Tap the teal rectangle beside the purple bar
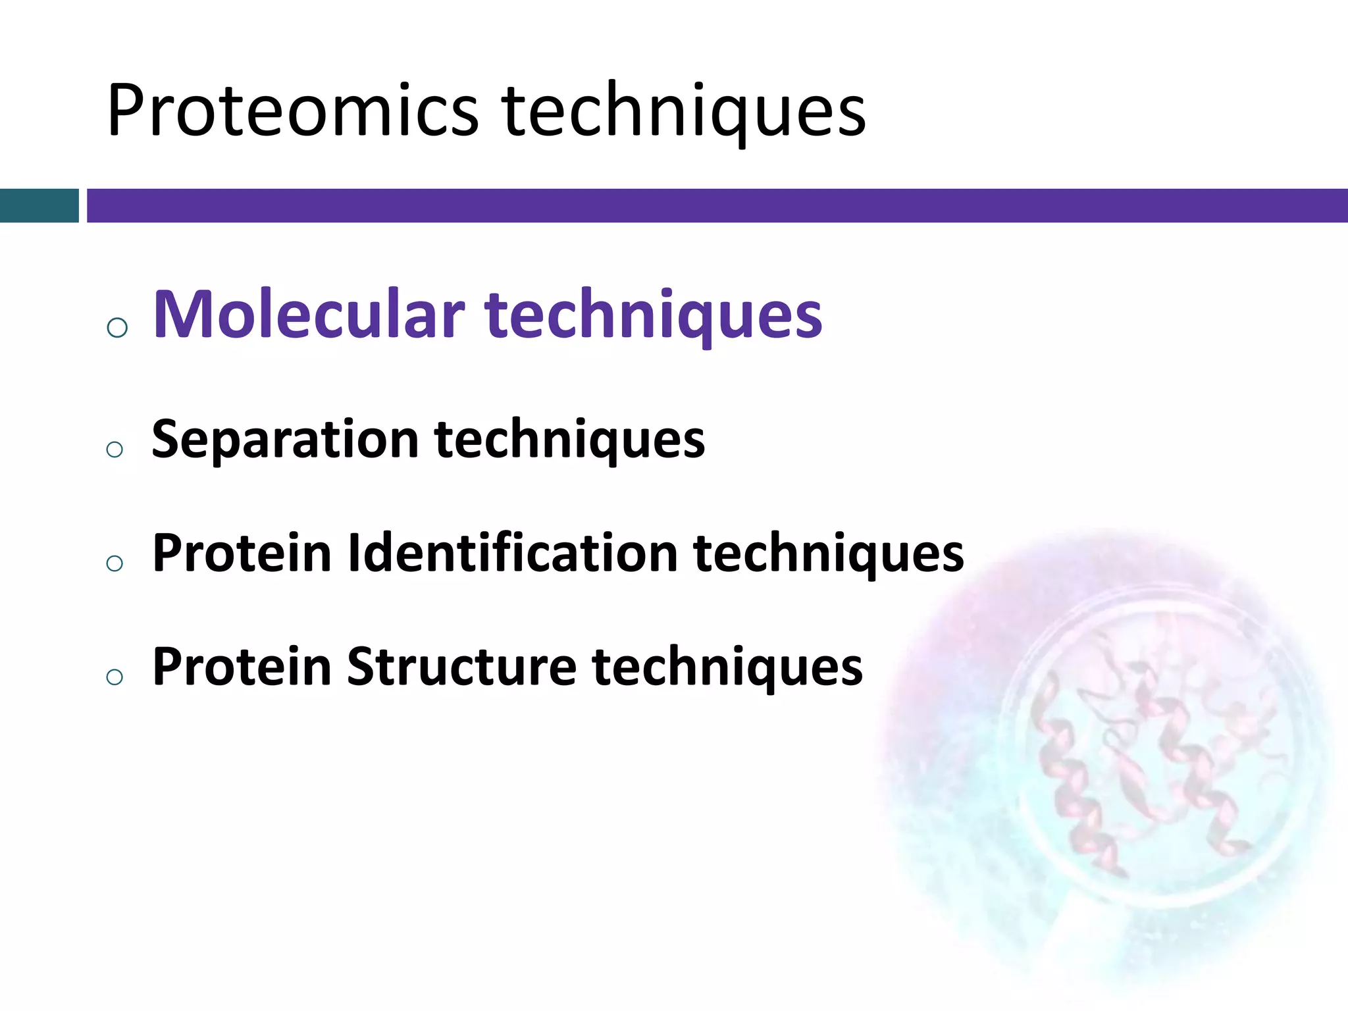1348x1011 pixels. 39,205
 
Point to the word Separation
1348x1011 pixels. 285,440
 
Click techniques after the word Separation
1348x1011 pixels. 569,440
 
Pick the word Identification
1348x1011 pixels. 513,553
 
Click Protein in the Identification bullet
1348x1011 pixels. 242,553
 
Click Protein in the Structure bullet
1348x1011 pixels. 242,667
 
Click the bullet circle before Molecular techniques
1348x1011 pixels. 117,327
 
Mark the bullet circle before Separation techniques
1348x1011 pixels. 115,450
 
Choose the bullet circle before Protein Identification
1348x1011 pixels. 115,563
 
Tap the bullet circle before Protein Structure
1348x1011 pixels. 115,677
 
